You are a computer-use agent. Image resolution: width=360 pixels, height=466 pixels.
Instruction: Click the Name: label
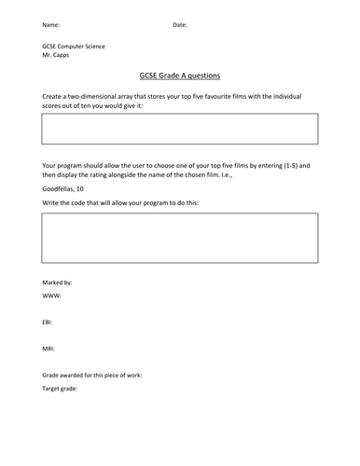(x=52, y=24)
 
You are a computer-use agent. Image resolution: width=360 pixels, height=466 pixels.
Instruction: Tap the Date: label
(x=180, y=24)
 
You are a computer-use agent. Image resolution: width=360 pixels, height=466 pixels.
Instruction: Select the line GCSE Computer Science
(x=74, y=46)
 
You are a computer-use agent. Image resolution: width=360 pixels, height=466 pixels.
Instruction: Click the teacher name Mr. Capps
(x=58, y=55)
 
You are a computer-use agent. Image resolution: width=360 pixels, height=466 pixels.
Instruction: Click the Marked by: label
(x=57, y=281)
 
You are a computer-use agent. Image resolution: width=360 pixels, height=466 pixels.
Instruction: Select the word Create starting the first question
(x=53, y=97)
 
